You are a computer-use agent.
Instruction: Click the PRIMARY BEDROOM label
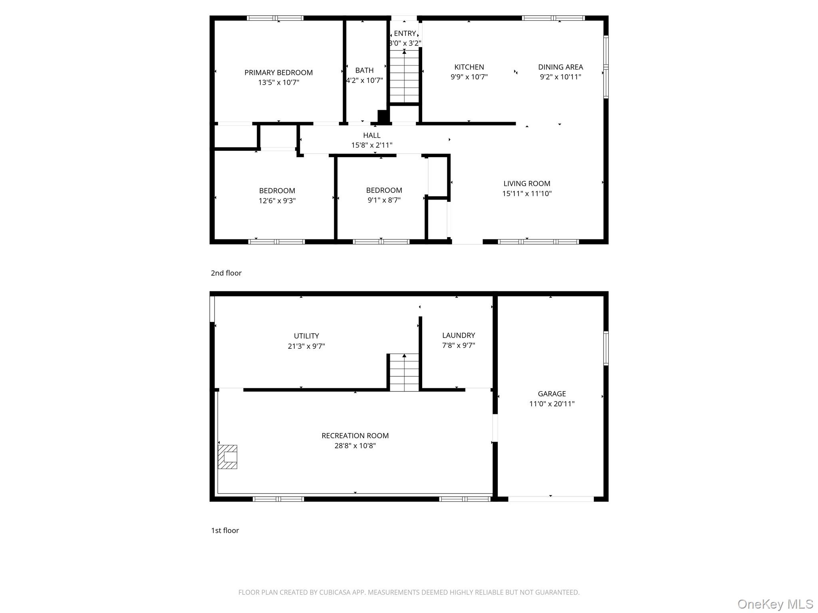coord(278,73)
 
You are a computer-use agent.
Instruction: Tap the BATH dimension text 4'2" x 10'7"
coord(364,80)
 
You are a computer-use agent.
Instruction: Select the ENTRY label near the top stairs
coord(405,34)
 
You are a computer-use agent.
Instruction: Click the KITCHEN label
coord(469,67)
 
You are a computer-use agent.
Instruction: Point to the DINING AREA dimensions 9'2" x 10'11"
coord(560,77)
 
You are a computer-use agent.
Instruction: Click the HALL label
coord(371,135)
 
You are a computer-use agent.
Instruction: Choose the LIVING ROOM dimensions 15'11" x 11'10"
coord(527,194)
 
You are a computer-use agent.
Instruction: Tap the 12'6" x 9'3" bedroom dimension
coord(277,201)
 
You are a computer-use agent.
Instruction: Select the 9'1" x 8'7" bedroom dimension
coord(384,200)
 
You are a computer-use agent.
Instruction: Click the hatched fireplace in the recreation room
coord(227,457)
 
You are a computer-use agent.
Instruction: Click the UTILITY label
coord(306,336)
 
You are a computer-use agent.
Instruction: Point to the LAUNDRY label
coord(459,336)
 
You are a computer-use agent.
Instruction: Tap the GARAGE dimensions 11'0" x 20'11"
coord(552,404)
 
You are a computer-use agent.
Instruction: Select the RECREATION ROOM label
coord(355,436)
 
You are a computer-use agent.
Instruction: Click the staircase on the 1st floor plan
coord(404,372)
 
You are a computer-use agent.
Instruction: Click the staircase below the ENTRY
coord(404,77)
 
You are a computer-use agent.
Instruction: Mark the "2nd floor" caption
coord(226,273)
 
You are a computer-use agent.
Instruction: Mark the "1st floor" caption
coord(225,530)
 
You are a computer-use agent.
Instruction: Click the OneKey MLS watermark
coord(775,604)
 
